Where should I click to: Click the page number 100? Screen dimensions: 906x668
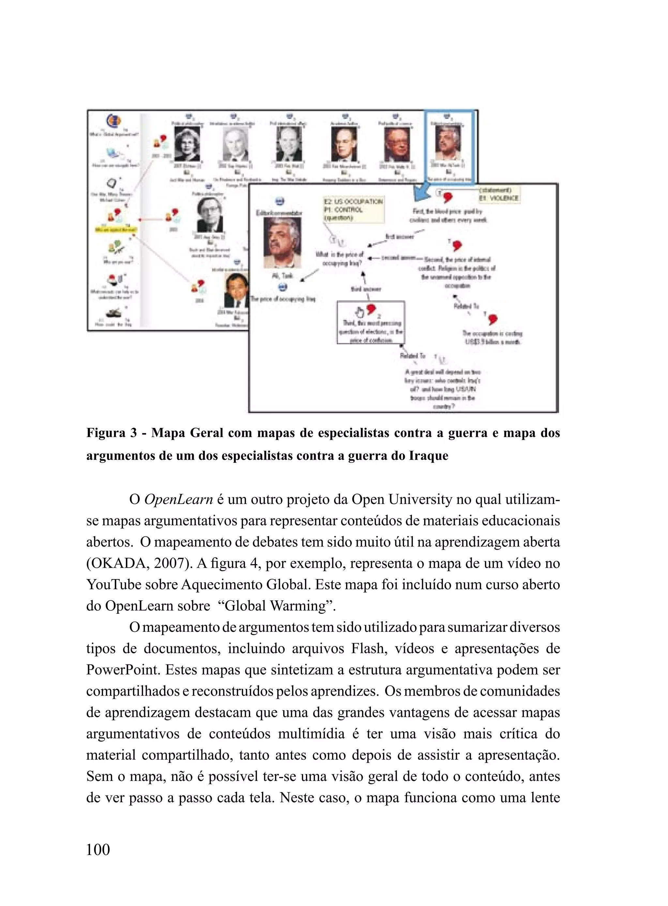pos(98,849)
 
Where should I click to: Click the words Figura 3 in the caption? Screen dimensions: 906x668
pos(112,433)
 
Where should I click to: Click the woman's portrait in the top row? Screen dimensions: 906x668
pos(187,144)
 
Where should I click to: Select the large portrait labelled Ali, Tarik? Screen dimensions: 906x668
pos(282,242)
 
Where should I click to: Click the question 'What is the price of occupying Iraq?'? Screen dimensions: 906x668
pos(339,259)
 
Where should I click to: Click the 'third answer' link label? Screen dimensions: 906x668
pos(366,289)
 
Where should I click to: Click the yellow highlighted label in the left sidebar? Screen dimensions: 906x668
pos(116,230)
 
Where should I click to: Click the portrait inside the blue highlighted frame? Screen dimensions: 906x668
pos(448,143)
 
